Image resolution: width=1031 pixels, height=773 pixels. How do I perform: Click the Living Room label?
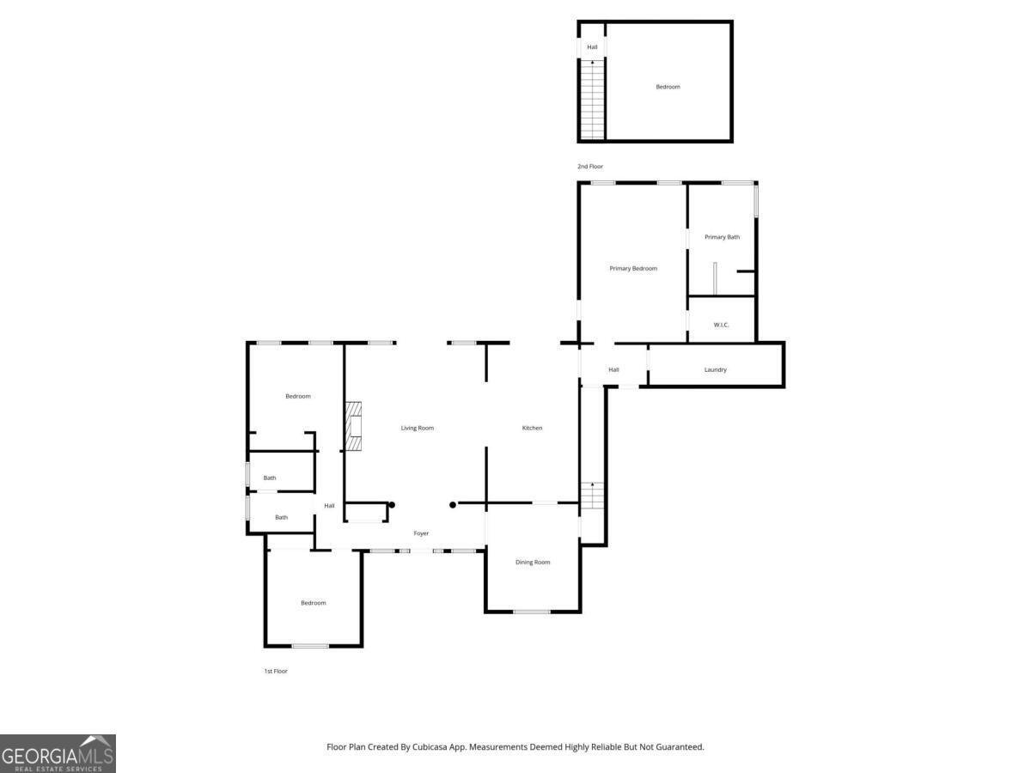[417, 428]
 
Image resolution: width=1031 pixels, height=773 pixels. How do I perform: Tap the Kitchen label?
[532, 428]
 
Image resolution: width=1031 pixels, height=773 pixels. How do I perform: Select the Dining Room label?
[533, 563]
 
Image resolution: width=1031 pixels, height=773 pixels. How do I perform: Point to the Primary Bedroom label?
[633, 269]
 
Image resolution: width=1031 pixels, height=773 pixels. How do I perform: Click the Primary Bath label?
[722, 237]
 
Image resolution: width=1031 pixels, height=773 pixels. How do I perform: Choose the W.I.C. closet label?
[721, 325]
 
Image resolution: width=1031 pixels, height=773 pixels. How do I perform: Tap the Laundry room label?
[716, 370]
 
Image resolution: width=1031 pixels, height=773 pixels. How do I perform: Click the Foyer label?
[421, 533]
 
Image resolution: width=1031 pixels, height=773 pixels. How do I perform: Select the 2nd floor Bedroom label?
[668, 87]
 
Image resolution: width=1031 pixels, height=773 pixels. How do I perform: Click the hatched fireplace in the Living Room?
[354, 426]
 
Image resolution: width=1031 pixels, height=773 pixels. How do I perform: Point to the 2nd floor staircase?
[592, 100]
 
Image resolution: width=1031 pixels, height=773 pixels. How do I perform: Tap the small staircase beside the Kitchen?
[592, 496]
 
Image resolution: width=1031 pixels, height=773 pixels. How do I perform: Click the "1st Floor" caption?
[276, 671]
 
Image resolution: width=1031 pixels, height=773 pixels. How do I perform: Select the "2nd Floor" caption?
[590, 166]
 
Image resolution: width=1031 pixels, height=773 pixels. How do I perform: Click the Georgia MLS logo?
[58, 753]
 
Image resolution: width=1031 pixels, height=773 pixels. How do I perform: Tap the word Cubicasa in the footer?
[430, 746]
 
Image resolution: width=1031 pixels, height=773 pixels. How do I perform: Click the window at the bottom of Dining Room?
[532, 612]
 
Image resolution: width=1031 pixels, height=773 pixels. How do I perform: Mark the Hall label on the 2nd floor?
[592, 47]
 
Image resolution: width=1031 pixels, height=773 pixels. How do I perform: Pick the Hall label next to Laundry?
[613, 370]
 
